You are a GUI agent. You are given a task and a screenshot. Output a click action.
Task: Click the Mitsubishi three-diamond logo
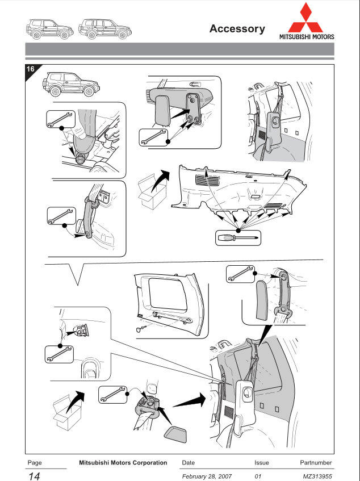click(x=306, y=18)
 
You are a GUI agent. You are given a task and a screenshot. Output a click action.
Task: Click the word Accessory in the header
click(x=237, y=29)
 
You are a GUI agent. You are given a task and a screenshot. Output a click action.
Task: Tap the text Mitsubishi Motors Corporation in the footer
click(x=123, y=463)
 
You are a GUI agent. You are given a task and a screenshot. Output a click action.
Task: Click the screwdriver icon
click(x=238, y=237)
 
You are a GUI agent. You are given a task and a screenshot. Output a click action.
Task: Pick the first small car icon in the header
click(x=49, y=28)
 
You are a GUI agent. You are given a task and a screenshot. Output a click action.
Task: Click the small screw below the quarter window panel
click(x=140, y=328)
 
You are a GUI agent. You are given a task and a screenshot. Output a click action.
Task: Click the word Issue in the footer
click(x=262, y=463)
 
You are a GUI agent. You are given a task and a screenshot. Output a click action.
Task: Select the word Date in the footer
click(x=188, y=463)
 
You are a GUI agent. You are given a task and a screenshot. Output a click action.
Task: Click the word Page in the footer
click(x=35, y=463)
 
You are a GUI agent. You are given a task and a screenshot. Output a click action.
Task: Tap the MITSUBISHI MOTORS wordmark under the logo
click(x=306, y=37)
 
